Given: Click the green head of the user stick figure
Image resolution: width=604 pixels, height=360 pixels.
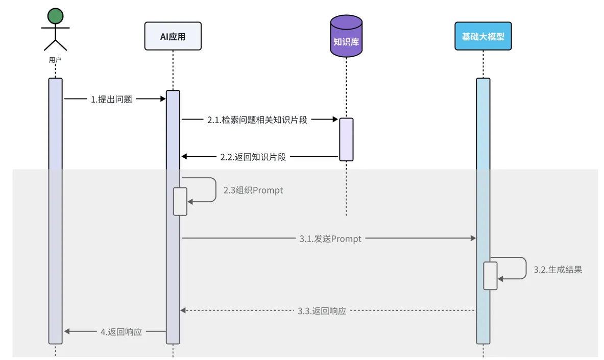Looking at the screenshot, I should point(55,17).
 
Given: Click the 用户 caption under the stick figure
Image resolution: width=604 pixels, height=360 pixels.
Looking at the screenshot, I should point(55,60).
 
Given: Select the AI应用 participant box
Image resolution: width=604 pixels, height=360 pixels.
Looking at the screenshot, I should point(173,36).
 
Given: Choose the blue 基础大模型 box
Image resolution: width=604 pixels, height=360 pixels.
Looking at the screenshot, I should point(483,36).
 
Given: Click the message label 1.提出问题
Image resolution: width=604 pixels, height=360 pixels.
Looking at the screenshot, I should point(111,100).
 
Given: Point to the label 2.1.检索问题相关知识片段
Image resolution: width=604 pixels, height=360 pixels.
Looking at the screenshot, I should point(257,120).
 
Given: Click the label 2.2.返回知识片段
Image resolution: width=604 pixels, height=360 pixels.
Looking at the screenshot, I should point(253,157).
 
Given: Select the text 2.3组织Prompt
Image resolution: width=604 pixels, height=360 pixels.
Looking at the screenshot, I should point(253,190).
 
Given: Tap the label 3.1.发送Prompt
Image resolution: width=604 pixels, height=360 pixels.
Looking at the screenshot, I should point(330,238).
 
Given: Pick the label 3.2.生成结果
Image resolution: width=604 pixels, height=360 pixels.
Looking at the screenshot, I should point(558,270).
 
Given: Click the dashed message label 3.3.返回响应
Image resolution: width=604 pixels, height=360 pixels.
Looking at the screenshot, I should point(322,310).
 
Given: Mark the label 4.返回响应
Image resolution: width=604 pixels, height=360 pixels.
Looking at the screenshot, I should point(121,331).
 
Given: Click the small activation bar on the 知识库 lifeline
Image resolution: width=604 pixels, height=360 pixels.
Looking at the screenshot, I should point(346,139).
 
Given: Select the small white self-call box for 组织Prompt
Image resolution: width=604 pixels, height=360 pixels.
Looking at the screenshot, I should point(180,201).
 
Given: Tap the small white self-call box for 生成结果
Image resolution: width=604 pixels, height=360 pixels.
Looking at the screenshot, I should point(490,275).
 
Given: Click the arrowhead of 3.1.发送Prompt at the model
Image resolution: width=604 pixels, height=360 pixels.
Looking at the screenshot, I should point(473,238).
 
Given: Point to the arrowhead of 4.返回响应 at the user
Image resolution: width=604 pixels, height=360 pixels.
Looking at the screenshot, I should point(67,331).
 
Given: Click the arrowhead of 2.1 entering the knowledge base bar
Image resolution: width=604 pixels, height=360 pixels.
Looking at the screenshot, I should point(335,120).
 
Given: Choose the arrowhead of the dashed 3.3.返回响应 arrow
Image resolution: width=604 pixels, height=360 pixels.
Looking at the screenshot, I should point(183,310).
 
